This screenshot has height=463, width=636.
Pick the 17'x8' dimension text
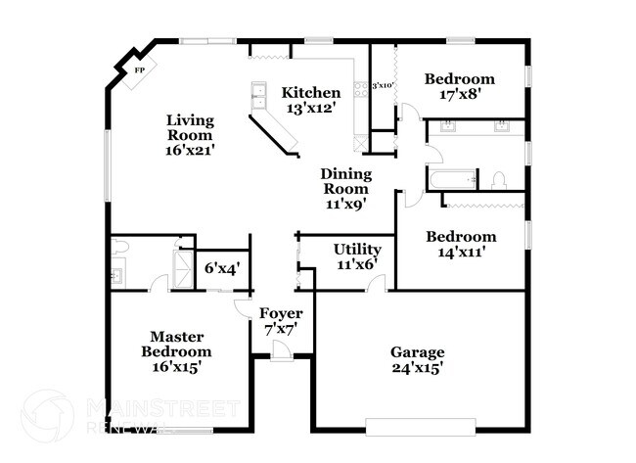point(459,95)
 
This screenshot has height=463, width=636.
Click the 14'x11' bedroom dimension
point(459,253)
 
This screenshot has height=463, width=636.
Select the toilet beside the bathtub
point(498,180)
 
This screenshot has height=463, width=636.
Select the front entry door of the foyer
point(282,354)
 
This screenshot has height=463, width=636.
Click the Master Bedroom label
point(176,344)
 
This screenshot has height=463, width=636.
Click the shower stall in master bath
point(183,264)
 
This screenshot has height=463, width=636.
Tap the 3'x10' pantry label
point(382,86)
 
